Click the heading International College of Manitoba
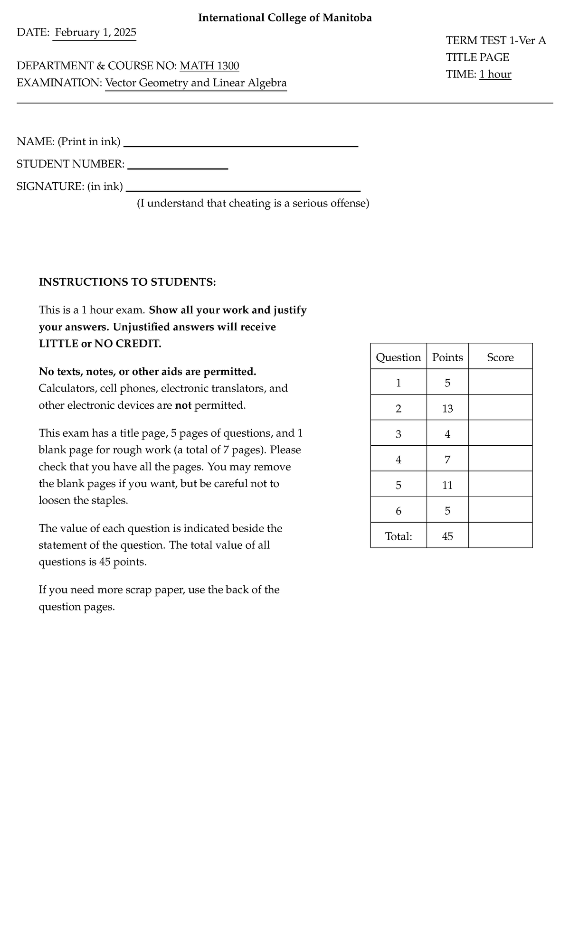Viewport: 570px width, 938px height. click(285, 18)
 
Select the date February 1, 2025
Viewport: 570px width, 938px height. click(95, 33)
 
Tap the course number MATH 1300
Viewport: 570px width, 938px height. click(209, 66)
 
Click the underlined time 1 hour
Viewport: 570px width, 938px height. click(495, 74)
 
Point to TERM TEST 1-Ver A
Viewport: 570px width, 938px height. click(495, 40)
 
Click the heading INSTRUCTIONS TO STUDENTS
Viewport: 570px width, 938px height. click(127, 282)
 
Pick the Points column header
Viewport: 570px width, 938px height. click(447, 357)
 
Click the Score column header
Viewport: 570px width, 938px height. click(500, 357)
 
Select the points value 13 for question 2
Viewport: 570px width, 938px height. click(447, 408)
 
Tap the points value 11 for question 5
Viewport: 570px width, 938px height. click(447, 485)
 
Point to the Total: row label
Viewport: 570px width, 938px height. click(398, 536)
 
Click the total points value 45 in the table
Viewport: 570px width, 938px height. click(447, 536)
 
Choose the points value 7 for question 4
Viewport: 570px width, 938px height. click(447, 460)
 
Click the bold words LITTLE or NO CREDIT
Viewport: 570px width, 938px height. click(100, 344)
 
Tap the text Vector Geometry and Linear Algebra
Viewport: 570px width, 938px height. click(196, 83)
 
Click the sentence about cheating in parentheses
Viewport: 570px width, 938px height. click(253, 204)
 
